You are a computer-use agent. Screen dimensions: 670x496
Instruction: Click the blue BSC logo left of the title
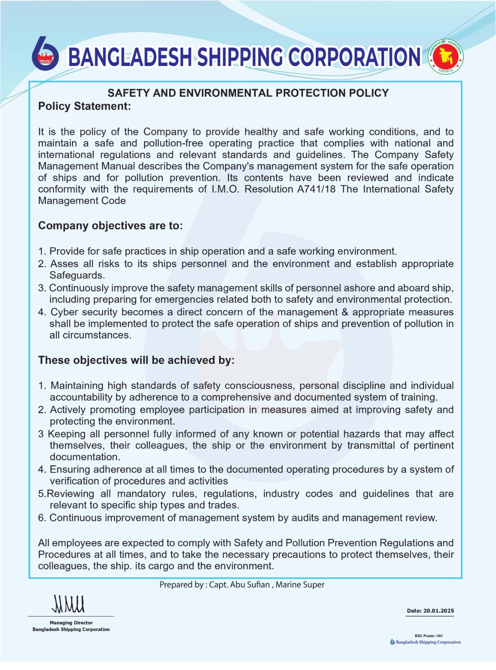click(45, 54)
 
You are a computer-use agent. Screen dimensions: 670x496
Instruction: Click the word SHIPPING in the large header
click(240, 57)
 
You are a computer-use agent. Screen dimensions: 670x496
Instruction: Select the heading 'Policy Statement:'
click(84, 106)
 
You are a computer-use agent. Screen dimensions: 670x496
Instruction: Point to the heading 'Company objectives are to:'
click(110, 226)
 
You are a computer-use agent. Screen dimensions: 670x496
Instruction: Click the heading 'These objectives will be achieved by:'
click(136, 360)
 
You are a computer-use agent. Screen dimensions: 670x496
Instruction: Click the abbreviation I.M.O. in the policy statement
click(225, 189)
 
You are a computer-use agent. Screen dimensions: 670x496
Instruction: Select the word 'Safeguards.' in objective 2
click(77, 276)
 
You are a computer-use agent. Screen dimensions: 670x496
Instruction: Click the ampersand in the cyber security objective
click(345, 312)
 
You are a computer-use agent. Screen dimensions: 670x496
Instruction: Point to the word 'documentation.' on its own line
click(85, 457)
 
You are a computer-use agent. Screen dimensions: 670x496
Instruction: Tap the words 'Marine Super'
click(300, 585)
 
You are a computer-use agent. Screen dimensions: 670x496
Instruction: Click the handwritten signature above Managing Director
click(68, 604)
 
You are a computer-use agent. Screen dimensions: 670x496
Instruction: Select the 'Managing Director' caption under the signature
click(71, 623)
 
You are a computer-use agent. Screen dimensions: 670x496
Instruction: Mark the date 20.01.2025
click(439, 611)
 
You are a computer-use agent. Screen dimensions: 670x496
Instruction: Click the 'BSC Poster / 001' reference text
click(429, 636)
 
